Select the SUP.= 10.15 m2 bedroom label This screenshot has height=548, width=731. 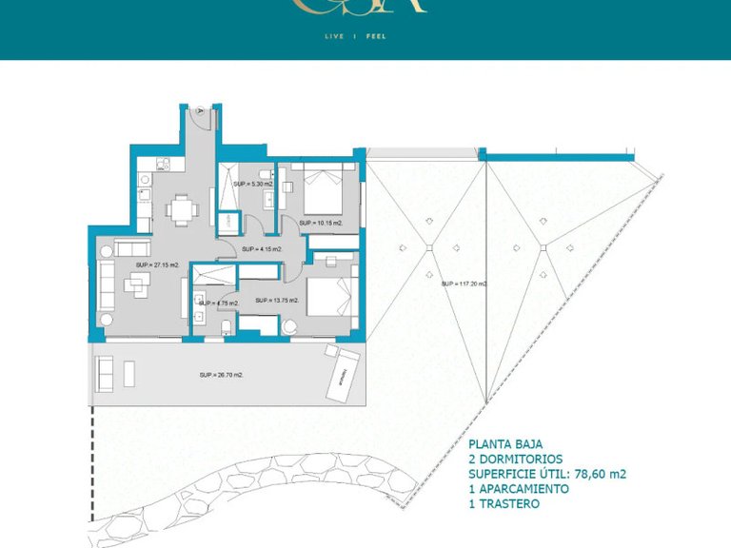coord(321,223)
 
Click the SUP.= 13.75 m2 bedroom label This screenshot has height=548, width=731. coord(277,301)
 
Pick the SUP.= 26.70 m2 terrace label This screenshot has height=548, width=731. coord(222,375)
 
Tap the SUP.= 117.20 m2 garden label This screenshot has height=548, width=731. coord(464,284)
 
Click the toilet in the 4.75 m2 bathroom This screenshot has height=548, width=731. coord(225,326)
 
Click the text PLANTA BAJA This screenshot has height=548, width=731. coord(505,443)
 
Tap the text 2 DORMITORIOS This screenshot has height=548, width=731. coord(516,459)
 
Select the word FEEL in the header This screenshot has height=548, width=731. coord(376,36)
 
